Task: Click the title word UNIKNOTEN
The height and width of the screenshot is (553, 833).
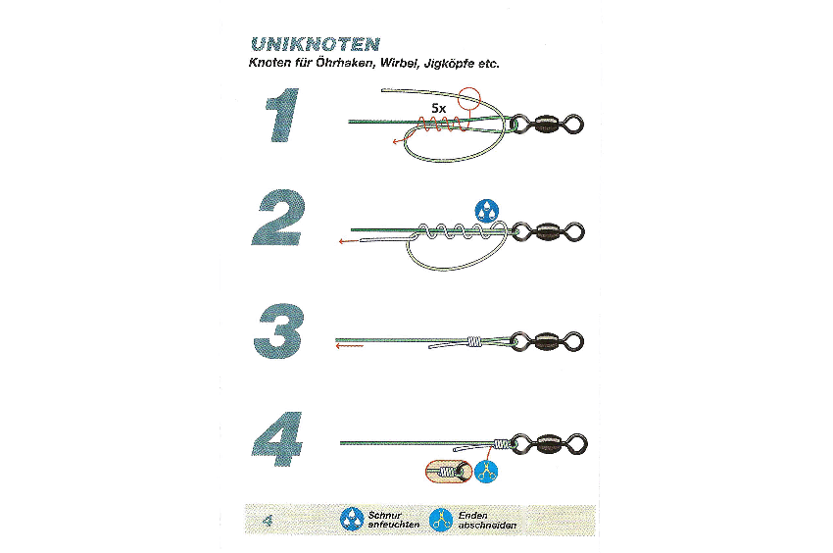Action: pyautogui.click(x=315, y=43)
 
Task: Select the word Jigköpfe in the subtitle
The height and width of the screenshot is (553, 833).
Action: pyautogui.click(x=449, y=64)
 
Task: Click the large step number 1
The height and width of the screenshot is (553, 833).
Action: pyautogui.click(x=282, y=115)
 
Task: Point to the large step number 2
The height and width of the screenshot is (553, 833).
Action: pyautogui.click(x=278, y=218)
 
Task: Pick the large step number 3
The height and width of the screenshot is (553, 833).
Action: pyautogui.click(x=279, y=330)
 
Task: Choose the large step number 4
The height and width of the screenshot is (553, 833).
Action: pyautogui.click(x=277, y=438)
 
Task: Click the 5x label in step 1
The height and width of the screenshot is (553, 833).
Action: pyautogui.click(x=439, y=109)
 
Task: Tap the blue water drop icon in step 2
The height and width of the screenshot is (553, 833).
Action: pyautogui.click(x=487, y=211)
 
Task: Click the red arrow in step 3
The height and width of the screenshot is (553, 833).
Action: pyautogui.click(x=350, y=346)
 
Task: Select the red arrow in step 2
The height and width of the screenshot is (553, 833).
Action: pyautogui.click(x=350, y=241)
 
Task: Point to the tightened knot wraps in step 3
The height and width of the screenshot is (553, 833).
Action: pyautogui.click(x=474, y=341)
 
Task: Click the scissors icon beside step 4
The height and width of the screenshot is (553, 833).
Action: pyautogui.click(x=486, y=472)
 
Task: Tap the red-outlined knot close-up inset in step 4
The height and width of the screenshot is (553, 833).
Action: pyautogui.click(x=449, y=471)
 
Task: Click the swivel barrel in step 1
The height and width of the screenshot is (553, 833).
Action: pyautogui.click(x=545, y=125)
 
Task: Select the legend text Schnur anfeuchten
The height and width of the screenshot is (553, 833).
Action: pyautogui.click(x=394, y=520)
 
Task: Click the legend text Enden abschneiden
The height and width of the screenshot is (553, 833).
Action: pyautogui.click(x=487, y=520)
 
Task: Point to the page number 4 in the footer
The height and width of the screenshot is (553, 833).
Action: pyautogui.click(x=268, y=520)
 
